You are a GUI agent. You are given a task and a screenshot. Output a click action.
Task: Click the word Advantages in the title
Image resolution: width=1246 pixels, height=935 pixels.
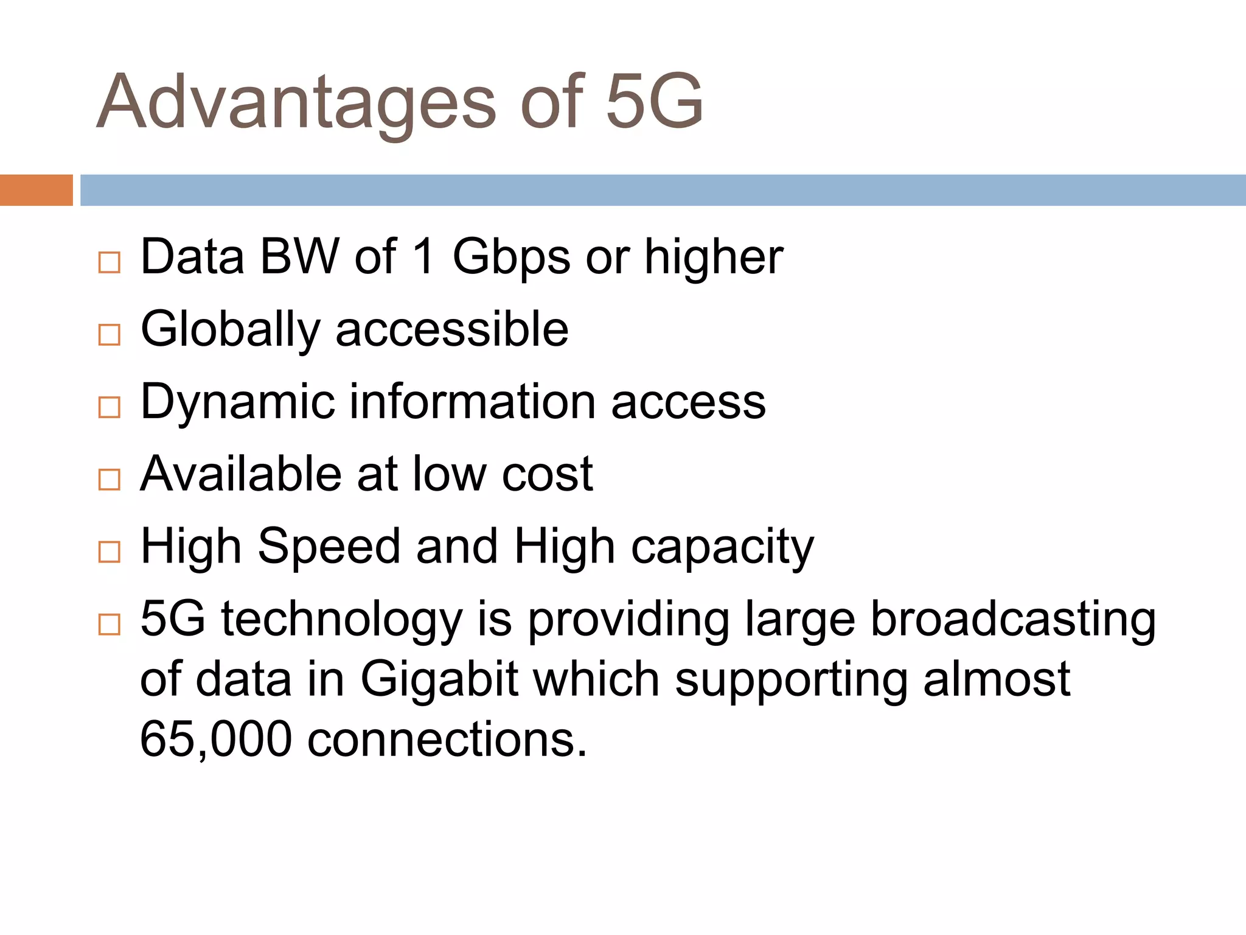coord(297,102)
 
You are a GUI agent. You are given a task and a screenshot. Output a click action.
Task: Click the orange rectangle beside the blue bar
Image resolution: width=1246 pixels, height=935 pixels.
coord(36,190)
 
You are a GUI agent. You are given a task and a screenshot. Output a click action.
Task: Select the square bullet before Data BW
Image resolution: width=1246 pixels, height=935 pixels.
coord(110,262)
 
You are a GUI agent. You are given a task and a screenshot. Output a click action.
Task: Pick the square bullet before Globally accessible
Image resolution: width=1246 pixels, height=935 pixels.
coord(110,335)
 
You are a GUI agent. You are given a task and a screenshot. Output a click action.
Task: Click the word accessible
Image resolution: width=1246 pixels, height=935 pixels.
coord(452,329)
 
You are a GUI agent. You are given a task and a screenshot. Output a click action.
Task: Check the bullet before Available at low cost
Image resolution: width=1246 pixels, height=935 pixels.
coord(110,480)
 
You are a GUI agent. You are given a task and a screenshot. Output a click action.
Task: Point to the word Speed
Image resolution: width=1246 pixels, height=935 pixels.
coord(329,547)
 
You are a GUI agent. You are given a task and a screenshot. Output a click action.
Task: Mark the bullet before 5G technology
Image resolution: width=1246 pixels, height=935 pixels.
coord(110,625)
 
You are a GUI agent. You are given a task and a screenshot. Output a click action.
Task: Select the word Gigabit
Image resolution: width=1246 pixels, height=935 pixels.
coord(439,679)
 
